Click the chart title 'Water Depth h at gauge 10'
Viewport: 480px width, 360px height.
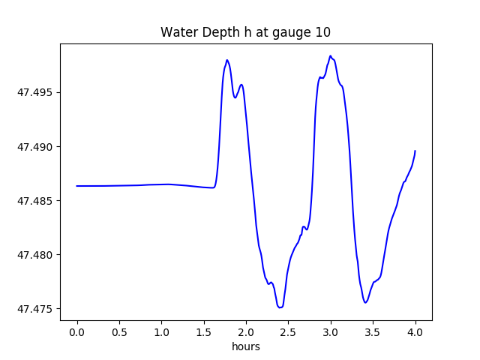tap(245, 32)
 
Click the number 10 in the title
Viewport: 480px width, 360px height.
tap(323, 32)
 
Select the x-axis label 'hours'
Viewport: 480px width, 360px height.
tap(245, 347)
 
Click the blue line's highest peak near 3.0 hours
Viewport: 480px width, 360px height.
tap(330, 56)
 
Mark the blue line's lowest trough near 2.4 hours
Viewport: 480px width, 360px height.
tap(280, 307)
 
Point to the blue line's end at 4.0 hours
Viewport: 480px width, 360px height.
tap(415, 151)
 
